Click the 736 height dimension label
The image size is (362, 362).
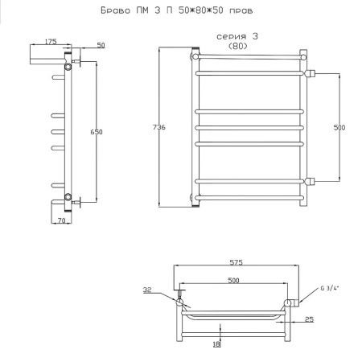click(x=159, y=127)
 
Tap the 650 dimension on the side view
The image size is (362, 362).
click(x=97, y=132)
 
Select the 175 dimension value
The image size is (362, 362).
click(x=51, y=42)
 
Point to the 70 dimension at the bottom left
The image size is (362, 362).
click(x=62, y=220)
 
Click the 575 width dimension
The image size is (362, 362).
click(x=236, y=262)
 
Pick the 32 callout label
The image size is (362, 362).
click(x=147, y=290)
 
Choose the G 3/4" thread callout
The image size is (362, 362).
click(x=330, y=288)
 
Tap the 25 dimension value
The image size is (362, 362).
click(x=309, y=319)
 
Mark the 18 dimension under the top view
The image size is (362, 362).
click(x=216, y=344)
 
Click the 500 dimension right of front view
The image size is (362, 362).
click(x=339, y=128)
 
